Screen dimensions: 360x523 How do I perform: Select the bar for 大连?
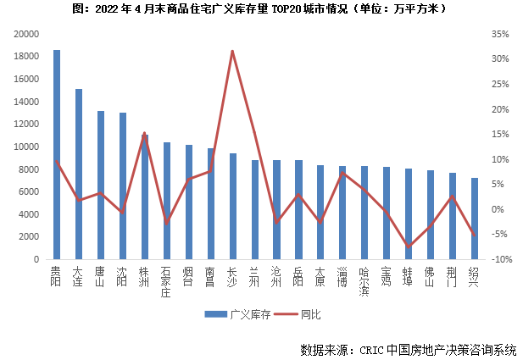(79, 174)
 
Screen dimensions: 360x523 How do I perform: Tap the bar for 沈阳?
(123, 186)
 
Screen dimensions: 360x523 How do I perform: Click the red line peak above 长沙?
(232, 51)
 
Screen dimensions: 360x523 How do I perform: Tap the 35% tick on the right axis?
(498, 34)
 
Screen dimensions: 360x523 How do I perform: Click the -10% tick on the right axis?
(498, 259)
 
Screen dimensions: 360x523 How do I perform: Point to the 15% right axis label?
(498, 134)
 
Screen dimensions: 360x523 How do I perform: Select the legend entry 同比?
(310, 313)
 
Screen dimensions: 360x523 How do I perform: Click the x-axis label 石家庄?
(167, 282)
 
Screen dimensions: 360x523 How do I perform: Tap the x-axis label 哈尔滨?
(364, 282)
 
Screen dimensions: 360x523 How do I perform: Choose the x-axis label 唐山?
(101, 277)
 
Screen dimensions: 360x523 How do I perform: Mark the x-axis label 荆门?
(453, 277)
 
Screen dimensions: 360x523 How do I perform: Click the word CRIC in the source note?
(375, 349)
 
